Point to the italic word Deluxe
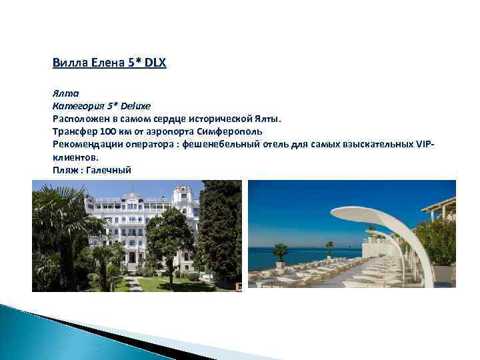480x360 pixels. click(135, 105)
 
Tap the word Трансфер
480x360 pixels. click(74, 131)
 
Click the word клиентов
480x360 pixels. click(74, 157)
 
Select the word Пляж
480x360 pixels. click(63, 171)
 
